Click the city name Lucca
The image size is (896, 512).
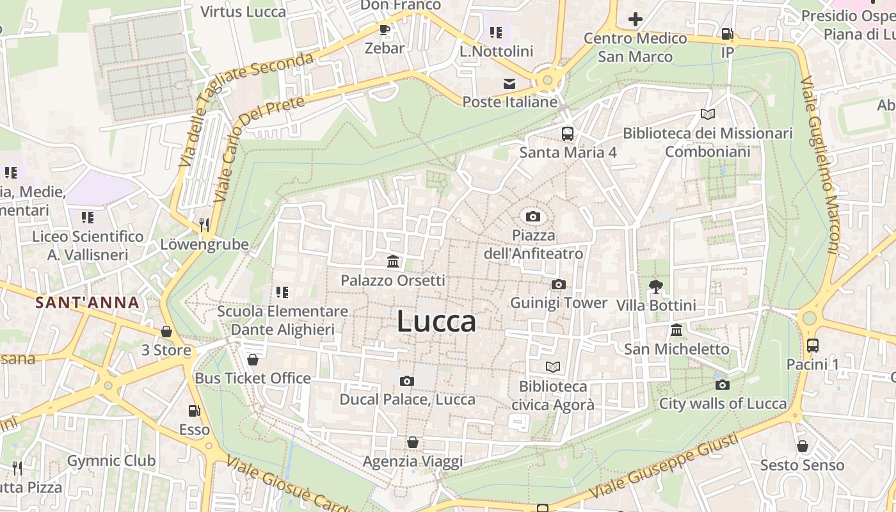tap(436, 321)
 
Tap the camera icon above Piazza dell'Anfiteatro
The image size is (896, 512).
tap(532, 216)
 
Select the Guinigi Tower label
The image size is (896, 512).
tap(559, 303)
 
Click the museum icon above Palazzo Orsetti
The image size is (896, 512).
tap(393, 261)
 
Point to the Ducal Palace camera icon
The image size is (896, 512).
tap(406, 381)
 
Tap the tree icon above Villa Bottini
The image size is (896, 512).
tap(655, 286)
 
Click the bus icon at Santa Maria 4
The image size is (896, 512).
tap(568, 133)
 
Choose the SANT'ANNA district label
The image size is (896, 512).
tap(87, 303)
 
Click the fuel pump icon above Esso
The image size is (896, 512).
tap(193, 411)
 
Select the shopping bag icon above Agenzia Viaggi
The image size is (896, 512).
tap(413, 442)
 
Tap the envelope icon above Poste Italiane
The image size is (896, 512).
tap(509, 83)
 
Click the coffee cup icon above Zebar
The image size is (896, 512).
tap(384, 29)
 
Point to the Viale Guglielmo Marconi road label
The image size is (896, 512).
tap(820, 166)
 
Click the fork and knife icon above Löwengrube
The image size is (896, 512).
tap(204, 225)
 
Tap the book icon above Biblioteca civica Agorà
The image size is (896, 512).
tap(553, 367)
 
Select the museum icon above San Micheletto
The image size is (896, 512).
tap(676, 330)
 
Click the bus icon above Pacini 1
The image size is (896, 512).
tap(812, 346)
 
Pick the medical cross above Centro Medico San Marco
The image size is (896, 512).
tap(635, 19)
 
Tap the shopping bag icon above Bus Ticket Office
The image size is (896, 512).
tap(253, 360)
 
